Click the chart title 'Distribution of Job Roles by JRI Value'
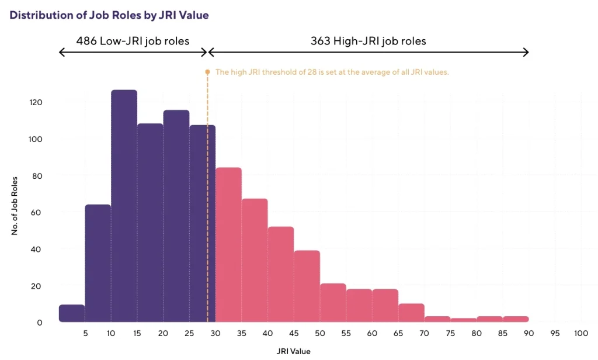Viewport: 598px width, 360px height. pos(109,16)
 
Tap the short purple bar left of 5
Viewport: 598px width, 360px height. pos(72,314)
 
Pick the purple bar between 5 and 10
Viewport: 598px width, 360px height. pos(98,263)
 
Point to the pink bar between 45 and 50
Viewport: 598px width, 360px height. pos(307,286)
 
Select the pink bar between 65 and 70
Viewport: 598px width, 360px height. pos(411,313)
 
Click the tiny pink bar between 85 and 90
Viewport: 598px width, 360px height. pos(516,319)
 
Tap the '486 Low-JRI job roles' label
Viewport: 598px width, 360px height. pos(133,41)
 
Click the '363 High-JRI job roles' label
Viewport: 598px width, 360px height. pos(368,41)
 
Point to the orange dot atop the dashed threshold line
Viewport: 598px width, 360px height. pos(207,72)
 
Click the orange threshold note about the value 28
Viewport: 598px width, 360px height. pos(332,72)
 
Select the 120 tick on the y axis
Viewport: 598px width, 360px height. pos(36,102)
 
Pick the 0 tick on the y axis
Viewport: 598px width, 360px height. pos(40,323)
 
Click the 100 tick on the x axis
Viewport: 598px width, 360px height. pos(580,333)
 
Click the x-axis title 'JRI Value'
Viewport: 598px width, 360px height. pos(293,351)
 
